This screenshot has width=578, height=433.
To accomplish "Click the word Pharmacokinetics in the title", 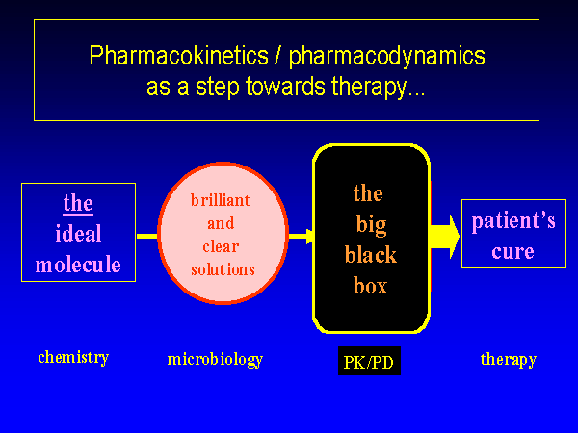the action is coord(179,56).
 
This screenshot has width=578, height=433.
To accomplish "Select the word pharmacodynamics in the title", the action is coord(386,57).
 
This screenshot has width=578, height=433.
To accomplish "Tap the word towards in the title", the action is coord(285,87).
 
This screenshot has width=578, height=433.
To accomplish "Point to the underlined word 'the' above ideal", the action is coord(78,203).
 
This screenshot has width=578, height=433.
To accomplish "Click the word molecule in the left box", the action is coord(78,264).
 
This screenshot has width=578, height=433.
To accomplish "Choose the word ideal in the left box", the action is coord(78,233).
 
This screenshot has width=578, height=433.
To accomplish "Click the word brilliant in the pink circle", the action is coord(221,200).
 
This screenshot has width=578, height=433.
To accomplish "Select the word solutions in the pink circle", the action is coord(223,269).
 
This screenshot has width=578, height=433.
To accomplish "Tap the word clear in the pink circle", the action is coord(221,246).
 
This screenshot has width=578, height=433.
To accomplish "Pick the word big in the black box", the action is coord(371,224).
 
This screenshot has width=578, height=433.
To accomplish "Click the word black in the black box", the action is coord(371,254).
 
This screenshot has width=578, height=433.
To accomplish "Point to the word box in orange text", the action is coord(371,286).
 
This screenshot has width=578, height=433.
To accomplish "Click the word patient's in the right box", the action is coord(513,221).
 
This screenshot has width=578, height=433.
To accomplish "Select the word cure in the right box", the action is coord(512,252).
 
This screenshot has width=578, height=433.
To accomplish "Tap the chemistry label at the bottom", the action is coord(73,357).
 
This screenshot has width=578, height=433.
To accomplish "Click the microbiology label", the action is coord(215,359).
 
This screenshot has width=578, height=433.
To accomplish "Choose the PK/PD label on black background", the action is coord(369,361).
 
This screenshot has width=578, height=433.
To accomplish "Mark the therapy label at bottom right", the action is coord(509,359).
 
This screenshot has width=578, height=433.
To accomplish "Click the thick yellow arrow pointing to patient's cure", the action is coord(445,237).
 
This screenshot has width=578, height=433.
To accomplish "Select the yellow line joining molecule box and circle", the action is coord(147,236).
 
